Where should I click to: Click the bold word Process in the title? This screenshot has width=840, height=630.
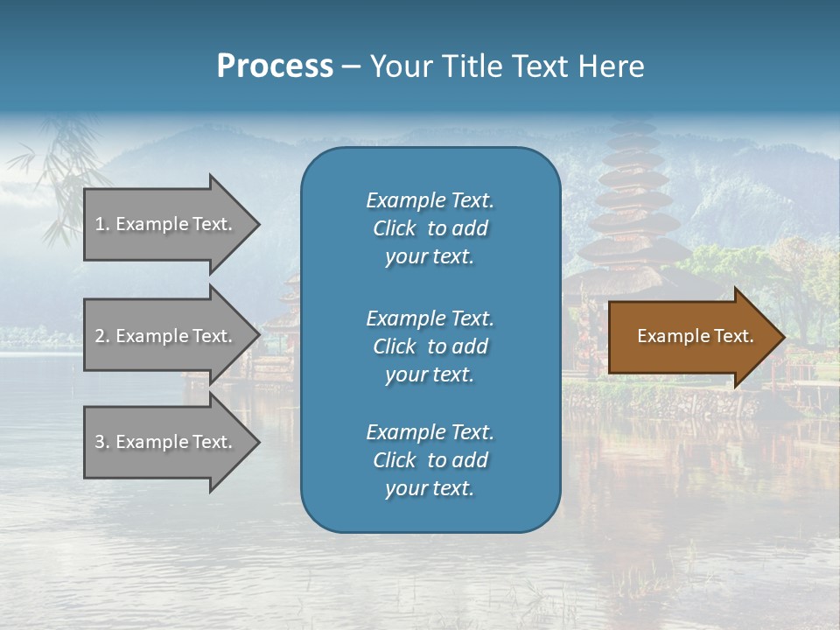[275, 66]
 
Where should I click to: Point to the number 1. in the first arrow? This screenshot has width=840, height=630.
[102, 225]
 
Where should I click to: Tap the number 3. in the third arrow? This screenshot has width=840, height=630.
[102, 443]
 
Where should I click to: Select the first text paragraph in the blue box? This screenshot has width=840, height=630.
[430, 228]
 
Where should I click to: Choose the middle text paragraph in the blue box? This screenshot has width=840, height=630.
[430, 346]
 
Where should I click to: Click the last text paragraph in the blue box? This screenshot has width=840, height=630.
[430, 460]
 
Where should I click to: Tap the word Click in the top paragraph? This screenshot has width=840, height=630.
[395, 228]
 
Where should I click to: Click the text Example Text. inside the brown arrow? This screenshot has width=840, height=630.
[695, 336]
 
